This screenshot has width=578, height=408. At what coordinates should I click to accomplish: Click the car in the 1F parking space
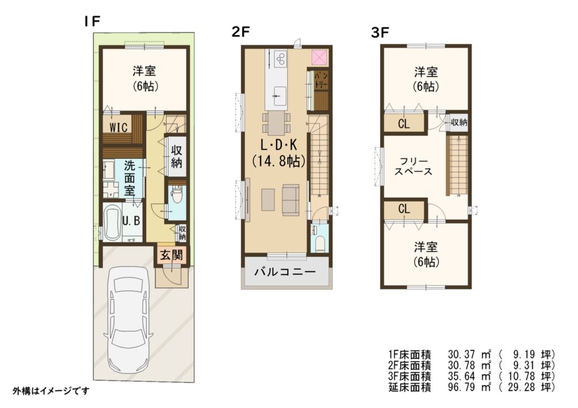point(128,321)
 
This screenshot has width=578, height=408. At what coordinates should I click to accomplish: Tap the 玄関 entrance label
point(172,255)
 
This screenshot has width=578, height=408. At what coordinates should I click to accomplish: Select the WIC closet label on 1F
point(119,127)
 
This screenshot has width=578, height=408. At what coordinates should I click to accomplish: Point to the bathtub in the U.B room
point(112,222)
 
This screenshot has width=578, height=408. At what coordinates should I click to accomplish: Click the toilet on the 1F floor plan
point(177,195)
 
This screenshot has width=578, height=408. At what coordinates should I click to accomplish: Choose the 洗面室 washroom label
point(129,178)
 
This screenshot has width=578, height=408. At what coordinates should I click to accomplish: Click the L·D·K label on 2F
point(279,145)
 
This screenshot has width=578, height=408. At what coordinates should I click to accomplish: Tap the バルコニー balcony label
point(285,272)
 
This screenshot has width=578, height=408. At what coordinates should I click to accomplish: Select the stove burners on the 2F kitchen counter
point(281,59)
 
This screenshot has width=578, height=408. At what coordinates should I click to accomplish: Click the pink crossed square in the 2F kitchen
point(319,58)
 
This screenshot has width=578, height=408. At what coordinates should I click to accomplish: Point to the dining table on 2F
point(277,123)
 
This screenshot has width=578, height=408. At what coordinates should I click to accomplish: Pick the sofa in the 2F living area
point(291,199)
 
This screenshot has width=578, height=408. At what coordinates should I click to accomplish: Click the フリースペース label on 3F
point(413,166)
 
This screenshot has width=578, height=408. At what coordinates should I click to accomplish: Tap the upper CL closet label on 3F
point(404,124)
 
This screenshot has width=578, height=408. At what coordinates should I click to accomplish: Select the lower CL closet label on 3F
point(404,209)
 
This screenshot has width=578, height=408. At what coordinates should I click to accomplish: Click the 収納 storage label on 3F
point(458,122)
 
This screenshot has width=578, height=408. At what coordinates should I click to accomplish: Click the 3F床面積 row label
point(410,376)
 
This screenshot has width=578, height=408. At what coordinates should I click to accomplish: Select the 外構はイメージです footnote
point(51,391)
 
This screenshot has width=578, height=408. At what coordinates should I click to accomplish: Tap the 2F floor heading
point(240,32)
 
